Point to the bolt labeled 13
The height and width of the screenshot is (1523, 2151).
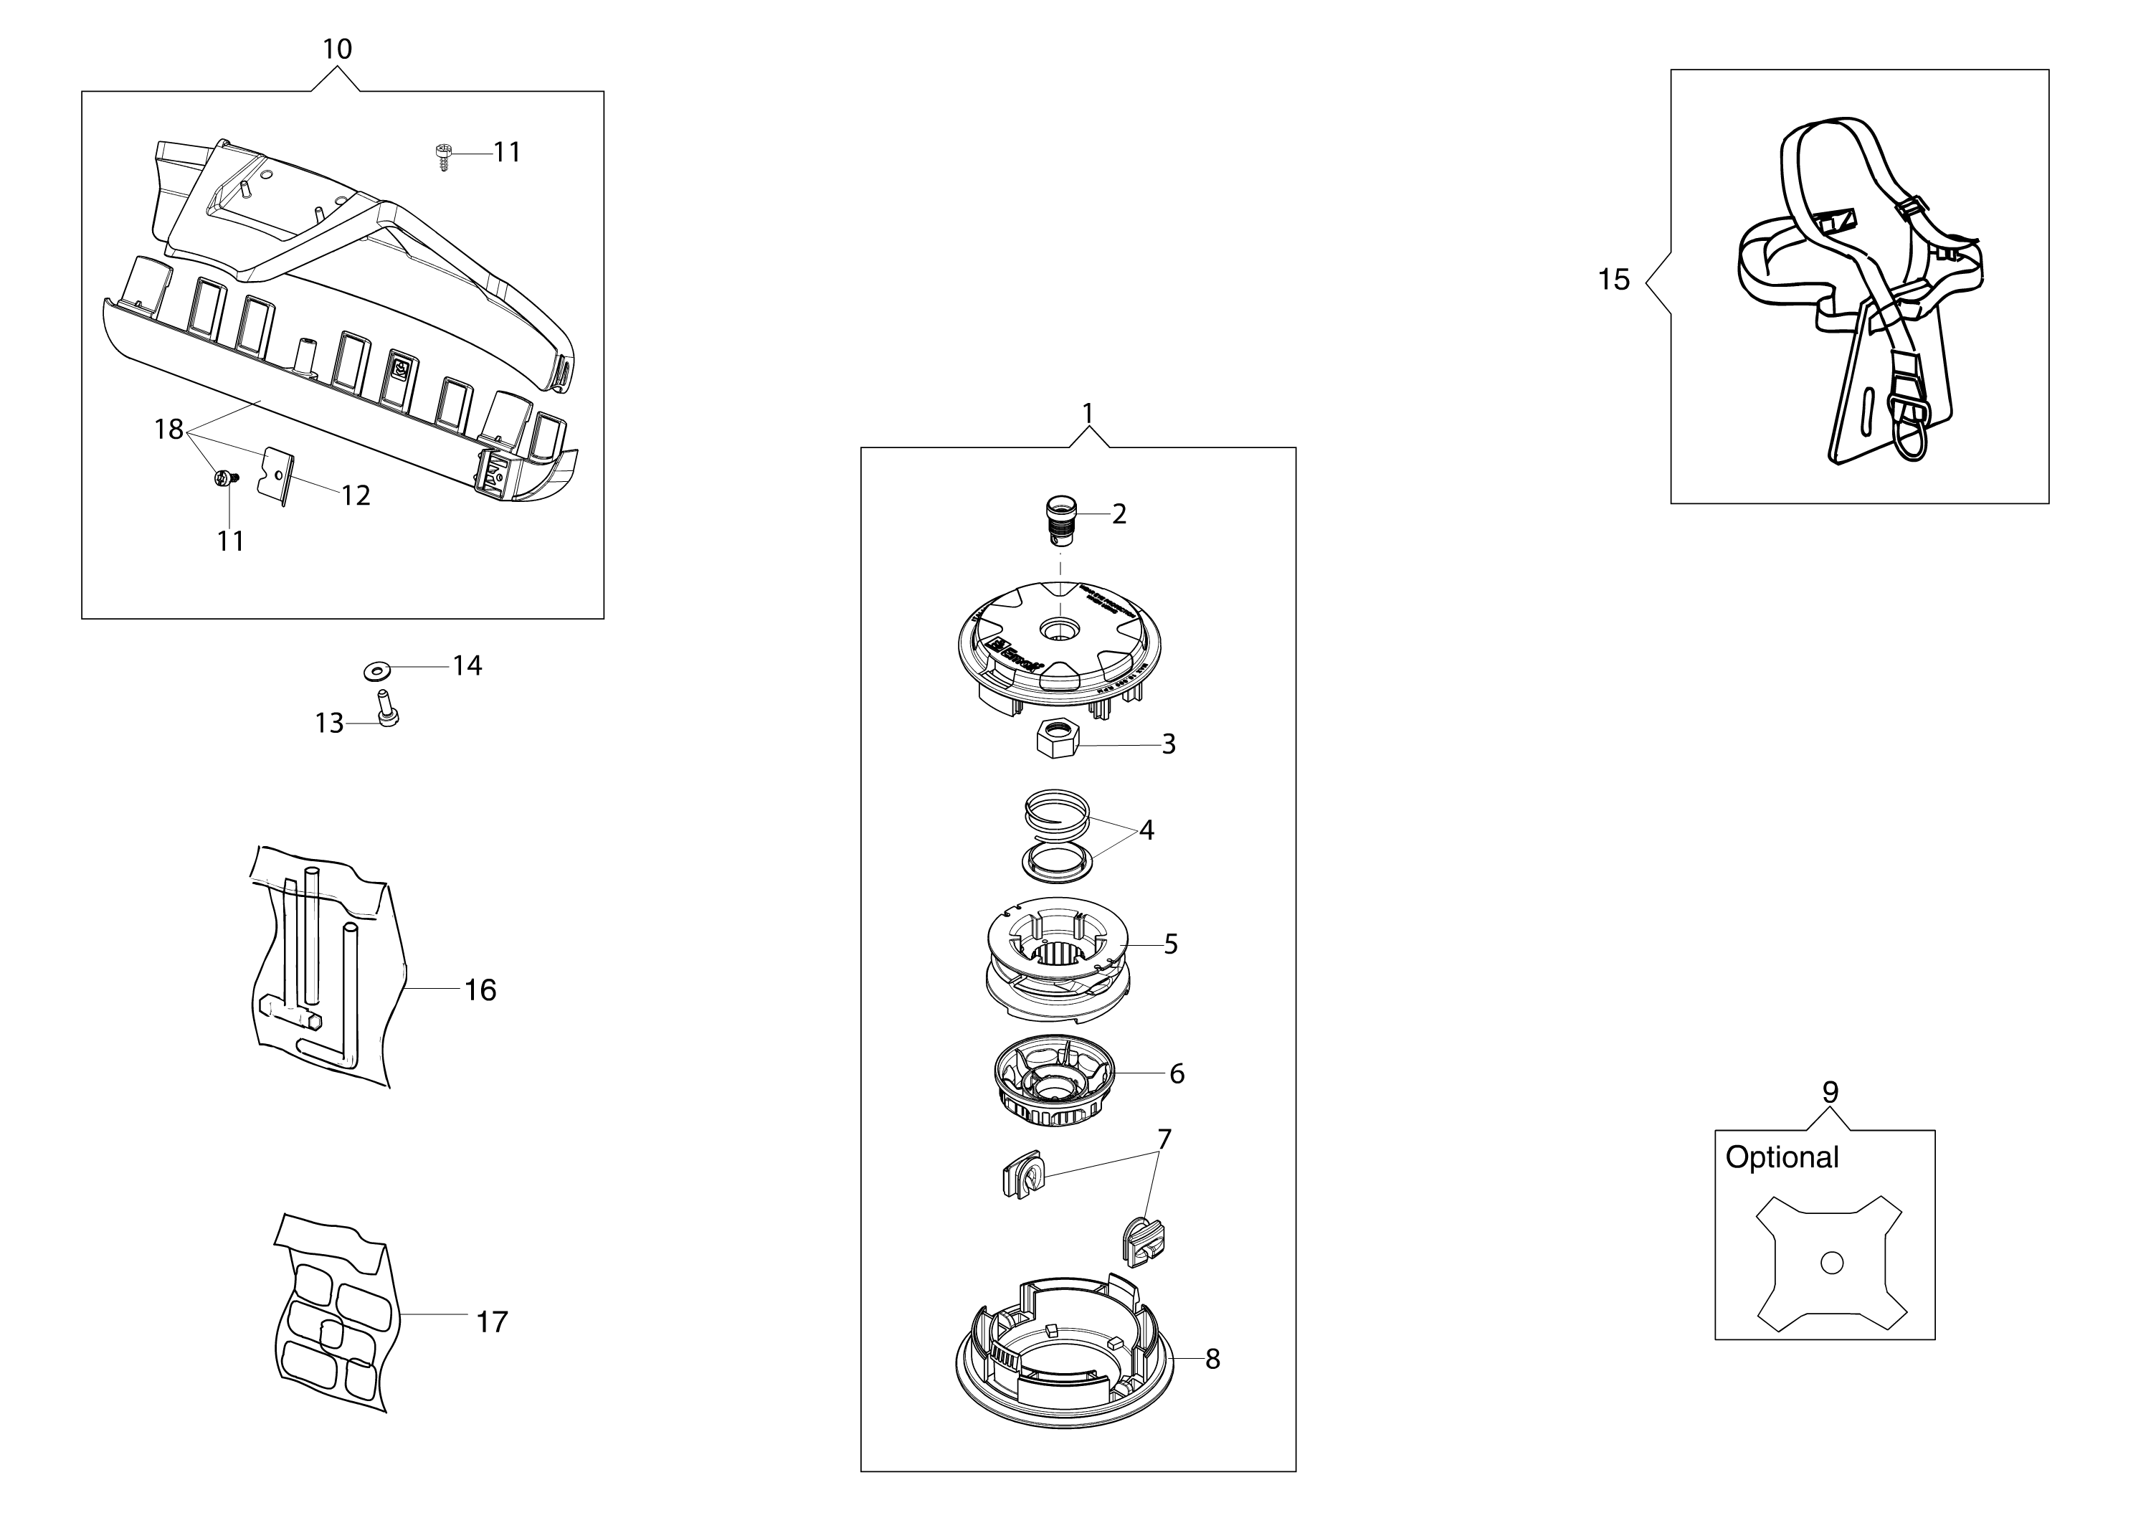click(386, 709)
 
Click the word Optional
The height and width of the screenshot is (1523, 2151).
click(1782, 1157)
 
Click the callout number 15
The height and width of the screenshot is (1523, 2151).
click(1614, 280)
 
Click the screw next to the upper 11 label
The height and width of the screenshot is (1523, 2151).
click(444, 155)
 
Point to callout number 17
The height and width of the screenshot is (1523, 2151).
click(491, 1322)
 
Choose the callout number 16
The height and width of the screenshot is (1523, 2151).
click(480, 990)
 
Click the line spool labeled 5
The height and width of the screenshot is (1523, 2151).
click(1057, 957)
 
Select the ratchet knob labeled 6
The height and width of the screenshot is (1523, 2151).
click(1054, 1086)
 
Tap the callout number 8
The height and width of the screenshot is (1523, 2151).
click(1212, 1359)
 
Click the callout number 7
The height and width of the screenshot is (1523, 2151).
click(1164, 1139)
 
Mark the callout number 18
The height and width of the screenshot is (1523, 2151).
click(168, 430)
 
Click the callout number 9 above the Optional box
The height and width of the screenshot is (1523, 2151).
click(1829, 1091)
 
